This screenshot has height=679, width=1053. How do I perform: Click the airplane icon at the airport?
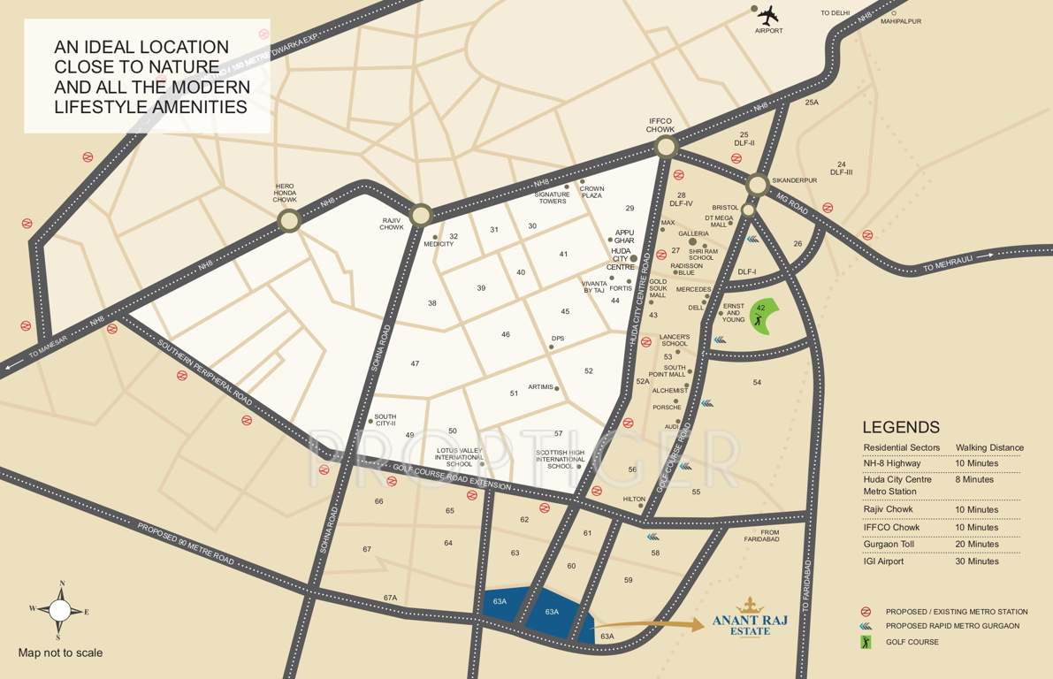tap(768, 15)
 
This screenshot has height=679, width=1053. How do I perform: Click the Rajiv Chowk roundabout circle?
tap(421, 215)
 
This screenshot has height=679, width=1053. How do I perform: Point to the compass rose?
tap(59, 610)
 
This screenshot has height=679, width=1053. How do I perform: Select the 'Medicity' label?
tap(439, 244)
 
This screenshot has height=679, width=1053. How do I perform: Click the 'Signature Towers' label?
tap(553, 197)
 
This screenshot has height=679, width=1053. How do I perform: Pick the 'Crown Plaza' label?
tap(591, 192)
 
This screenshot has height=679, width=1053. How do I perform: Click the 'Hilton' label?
tap(634, 500)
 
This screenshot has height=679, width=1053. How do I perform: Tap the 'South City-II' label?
tap(385, 420)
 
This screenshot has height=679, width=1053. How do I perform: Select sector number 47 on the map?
tap(415, 364)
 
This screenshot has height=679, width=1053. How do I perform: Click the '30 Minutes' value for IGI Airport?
tap(977, 561)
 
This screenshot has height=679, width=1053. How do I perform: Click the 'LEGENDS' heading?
tap(901, 428)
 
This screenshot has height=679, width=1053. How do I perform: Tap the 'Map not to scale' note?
tap(60, 653)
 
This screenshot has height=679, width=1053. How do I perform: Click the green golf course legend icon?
tap(866, 641)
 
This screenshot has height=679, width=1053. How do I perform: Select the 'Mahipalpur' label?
tap(902, 22)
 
